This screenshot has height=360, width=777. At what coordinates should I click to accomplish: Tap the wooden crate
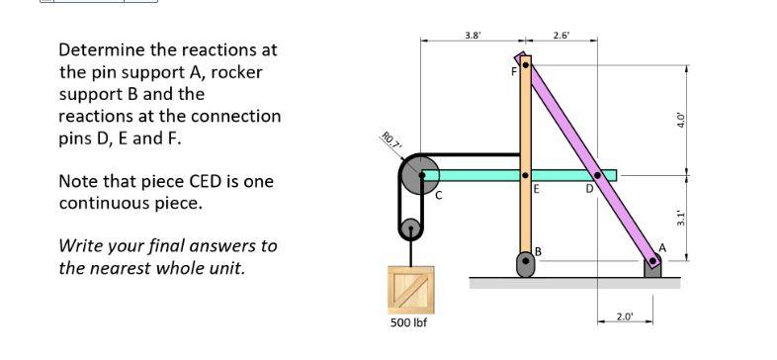pyautogui.click(x=409, y=288)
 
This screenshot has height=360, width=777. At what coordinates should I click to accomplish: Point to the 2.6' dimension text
pyautogui.click(x=561, y=36)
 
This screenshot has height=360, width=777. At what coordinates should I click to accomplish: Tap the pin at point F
pyautogui.click(x=526, y=65)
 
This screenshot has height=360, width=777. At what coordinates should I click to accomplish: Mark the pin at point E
pyautogui.click(x=526, y=175)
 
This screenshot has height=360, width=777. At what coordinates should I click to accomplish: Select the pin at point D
pyautogui.click(x=596, y=175)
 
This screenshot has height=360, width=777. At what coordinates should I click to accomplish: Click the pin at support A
pyautogui.click(x=652, y=263)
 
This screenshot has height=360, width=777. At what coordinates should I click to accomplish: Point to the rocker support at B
pyautogui.click(x=526, y=265)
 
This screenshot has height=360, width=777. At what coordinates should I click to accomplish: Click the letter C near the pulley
pyautogui.click(x=440, y=194)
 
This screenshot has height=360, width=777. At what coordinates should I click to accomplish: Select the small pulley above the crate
pyautogui.click(x=410, y=230)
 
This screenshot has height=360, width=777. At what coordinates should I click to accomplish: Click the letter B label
pyautogui.click(x=539, y=251)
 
